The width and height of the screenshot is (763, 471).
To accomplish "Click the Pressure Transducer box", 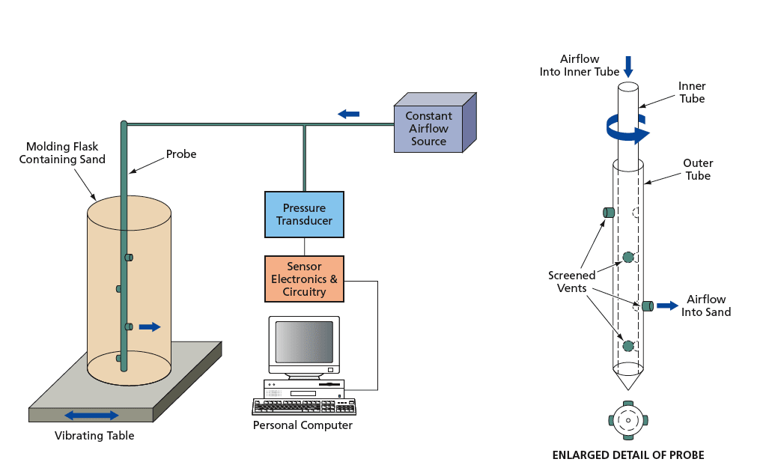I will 304,214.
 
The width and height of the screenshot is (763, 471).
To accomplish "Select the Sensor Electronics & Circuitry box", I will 304,279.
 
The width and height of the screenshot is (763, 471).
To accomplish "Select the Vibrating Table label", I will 94,436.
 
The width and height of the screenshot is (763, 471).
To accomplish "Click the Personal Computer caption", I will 303,425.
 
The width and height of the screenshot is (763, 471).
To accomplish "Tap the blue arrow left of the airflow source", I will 348,114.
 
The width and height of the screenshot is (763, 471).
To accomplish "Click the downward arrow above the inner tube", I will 628,65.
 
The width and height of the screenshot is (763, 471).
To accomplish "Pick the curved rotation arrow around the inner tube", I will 615,132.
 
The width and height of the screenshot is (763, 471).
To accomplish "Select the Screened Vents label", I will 572,282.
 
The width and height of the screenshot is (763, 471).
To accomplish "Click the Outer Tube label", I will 698,169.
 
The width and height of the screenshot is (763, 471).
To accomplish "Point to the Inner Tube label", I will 692,92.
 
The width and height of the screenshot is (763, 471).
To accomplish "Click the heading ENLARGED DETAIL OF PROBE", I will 627,455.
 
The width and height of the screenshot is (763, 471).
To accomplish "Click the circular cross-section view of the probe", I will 627,422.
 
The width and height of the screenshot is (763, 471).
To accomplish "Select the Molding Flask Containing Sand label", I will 62,153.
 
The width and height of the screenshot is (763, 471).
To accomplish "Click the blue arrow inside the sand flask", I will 150,326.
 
